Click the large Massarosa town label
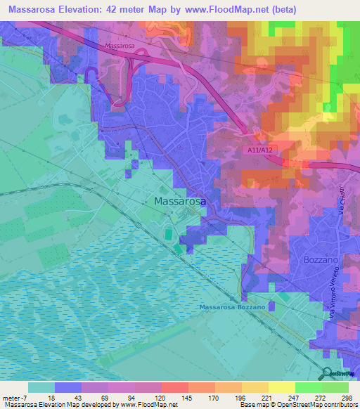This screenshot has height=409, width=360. click(180, 201)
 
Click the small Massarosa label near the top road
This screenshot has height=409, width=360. click(120, 46)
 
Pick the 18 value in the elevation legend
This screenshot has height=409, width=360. click(51, 397)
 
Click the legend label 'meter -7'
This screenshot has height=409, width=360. click(15, 397)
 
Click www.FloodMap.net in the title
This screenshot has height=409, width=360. click(221, 10)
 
